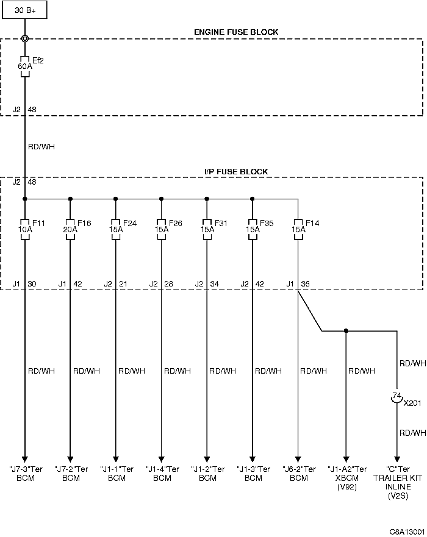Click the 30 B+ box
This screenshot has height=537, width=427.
(x=24, y=10)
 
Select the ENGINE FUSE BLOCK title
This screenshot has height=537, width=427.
(x=236, y=32)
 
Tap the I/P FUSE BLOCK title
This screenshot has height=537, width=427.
(x=236, y=171)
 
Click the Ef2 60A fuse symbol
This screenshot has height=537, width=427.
(x=24, y=66)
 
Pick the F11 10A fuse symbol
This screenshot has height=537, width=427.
(x=24, y=229)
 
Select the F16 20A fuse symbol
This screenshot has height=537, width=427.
(x=70, y=229)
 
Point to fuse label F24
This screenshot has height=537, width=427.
(x=130, y=223)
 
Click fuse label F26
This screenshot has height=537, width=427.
(x=176, y=223)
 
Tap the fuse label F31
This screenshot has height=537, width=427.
(x=221, y=223)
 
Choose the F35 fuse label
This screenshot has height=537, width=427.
(x=267, y=223)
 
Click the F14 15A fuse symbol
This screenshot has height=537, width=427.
(x=298, y=229)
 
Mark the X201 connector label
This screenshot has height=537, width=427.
(x=412, y=403)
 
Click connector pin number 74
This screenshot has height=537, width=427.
(x=396, y=395)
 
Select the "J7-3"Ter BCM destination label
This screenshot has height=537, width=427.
(x=26, y=473)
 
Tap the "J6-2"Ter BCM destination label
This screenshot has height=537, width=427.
(x=299, y=473)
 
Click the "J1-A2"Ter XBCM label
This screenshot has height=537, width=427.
(x=347, y=473)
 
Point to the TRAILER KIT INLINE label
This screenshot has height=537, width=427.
(x=398, y=482)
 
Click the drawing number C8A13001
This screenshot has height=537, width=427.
(x=407, y=532)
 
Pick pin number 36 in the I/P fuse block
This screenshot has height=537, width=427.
(x=305, y=284)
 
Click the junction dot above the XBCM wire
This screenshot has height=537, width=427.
(x=346, y=331)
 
